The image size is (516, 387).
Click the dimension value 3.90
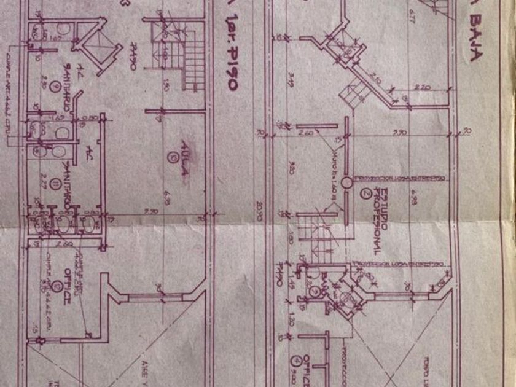(x=401, y=131)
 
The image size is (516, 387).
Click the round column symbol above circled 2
(x=346, y=182)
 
